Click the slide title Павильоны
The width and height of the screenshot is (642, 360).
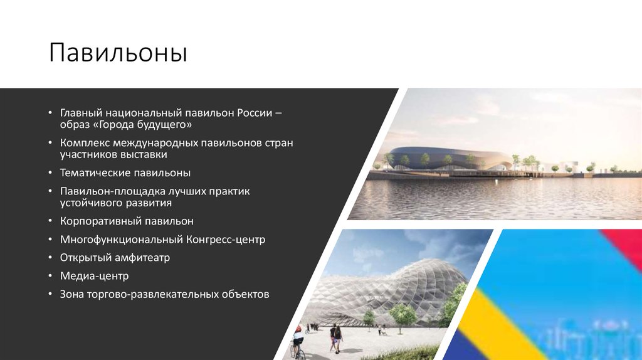pos(118,53)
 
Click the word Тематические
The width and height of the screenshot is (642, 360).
pos(96,172)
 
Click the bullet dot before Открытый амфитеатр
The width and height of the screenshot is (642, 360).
pos(51,258)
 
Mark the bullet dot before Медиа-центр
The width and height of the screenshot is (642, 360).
pos(51,276)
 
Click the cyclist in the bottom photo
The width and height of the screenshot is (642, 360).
pos(298,342)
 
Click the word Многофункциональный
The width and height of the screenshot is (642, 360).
pos(122,240)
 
